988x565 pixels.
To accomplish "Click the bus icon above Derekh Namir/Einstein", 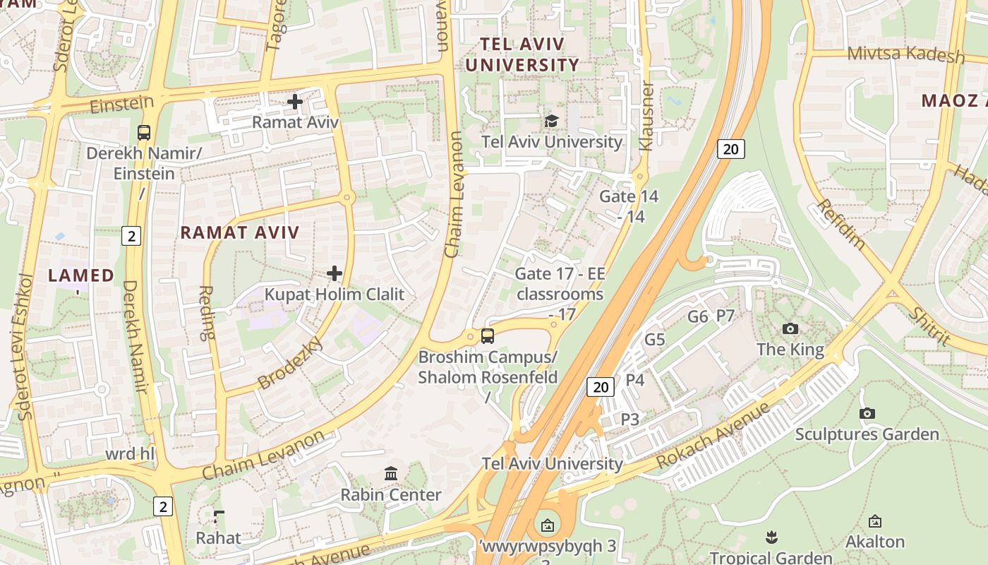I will pos(143,132).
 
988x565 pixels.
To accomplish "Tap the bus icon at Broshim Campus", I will pos(488,336).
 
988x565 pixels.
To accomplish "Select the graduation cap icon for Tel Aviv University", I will pos(551,121).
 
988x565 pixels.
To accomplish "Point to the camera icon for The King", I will pos(790,328).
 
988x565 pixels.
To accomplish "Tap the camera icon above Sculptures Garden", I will pos(867,413).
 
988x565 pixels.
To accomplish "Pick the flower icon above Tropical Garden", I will pos(771,537).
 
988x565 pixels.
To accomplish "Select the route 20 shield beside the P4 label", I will pos(601,386).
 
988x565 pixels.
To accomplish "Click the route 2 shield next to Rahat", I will pos(163,506).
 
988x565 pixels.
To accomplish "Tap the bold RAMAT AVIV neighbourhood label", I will pos(240,232).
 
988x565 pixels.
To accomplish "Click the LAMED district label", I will pos(81,275).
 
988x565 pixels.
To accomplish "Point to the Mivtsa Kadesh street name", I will pos(905,54).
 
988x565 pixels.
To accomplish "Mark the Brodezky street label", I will pos(290,363).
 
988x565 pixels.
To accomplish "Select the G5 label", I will pos(655,340).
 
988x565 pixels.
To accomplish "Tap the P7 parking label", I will pos(725,316).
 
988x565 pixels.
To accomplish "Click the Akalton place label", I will pos(875,542).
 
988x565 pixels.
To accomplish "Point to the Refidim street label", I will pos(841,225).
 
